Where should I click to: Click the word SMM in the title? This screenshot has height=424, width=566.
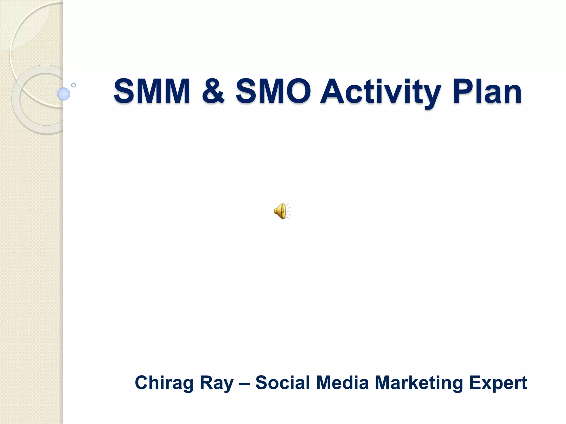click(152, 91)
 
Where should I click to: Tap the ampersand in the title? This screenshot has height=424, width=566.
click(213, 91)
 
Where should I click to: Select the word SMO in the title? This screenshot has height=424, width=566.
click(273, 91)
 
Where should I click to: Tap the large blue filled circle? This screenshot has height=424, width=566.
click(64, 94)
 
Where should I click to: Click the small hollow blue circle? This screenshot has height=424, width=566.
click(74, 85)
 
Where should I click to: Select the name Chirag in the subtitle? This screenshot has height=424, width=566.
click(164, 383)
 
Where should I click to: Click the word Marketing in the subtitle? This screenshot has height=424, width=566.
click(419, 383)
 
